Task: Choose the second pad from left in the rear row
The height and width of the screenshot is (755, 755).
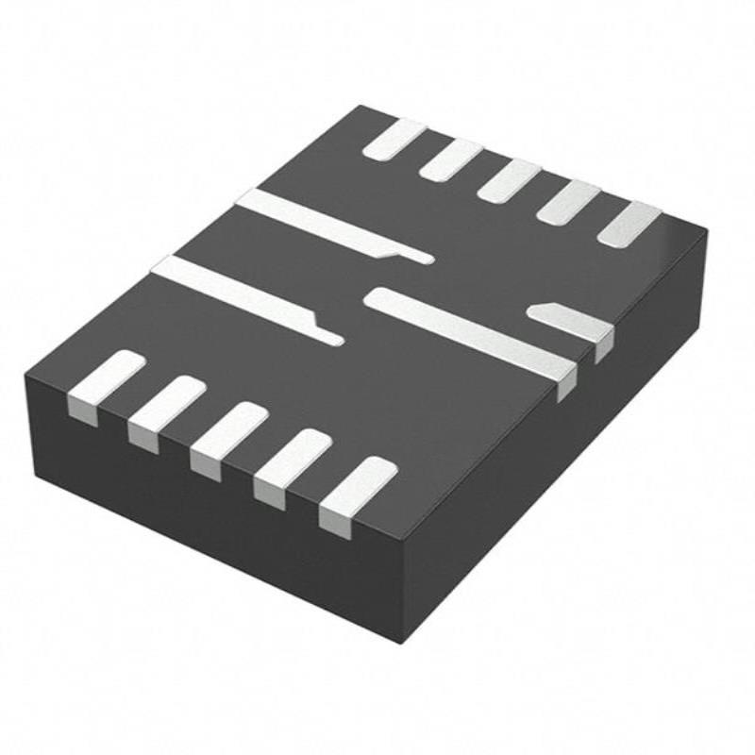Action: click(451, 159)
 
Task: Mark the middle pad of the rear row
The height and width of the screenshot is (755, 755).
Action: click(509, 178)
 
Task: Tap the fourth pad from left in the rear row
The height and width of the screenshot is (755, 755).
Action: click(568, 200)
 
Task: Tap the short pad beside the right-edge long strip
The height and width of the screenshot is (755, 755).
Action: click(572, 321)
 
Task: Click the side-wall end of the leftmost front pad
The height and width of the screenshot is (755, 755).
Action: click(83, 410)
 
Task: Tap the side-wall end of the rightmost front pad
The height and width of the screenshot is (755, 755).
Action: click(334, 518)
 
